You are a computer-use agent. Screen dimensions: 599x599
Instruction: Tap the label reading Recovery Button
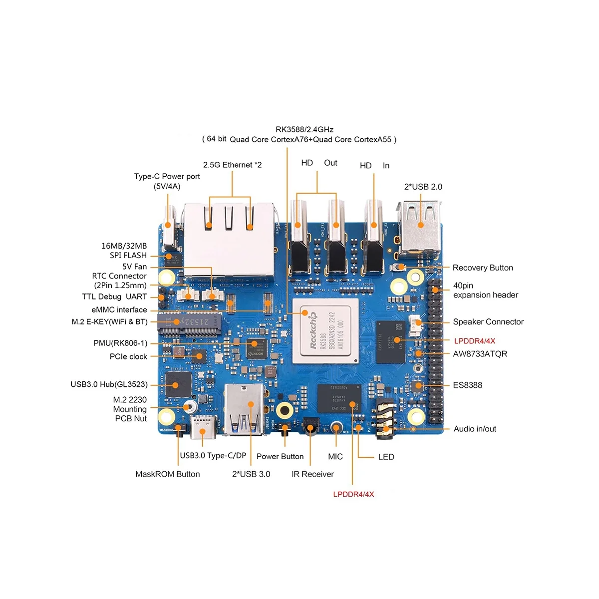(482, 268)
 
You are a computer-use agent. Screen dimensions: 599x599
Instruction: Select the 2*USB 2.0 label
(423, 187)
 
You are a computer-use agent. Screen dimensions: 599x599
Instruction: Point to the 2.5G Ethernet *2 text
(232, 165)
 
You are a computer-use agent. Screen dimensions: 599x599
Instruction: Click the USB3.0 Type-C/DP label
(213, 456)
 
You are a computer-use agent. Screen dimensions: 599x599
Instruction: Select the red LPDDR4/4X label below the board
(353, 494)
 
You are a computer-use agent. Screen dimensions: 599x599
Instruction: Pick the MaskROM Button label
(167, 474)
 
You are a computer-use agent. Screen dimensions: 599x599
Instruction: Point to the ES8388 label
(467, 385)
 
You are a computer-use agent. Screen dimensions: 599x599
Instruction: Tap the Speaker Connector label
(488, 322)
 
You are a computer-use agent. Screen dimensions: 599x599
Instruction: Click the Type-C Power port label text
(167, 181)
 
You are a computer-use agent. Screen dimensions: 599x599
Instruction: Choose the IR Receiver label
(312, 474)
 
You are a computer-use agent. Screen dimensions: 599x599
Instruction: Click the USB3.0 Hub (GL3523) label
(109, 384)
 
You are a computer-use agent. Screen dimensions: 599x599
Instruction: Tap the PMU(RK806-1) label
(120, 343)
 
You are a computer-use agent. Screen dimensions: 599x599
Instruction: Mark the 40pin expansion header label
(485, 290)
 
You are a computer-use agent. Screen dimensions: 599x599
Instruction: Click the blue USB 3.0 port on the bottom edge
(244, 409)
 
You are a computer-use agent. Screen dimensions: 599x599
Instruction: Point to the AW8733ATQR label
(480, 354)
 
